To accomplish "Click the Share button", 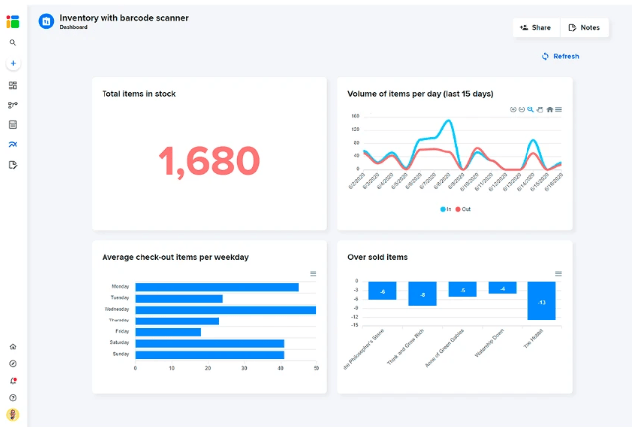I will click(535, 28).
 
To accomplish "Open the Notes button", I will click(584, 28).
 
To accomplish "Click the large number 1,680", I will click(209, 160).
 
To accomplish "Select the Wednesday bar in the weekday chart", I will click(225, 309).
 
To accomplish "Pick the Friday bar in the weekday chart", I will click(168, 331).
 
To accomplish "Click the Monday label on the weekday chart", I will click(120, 287).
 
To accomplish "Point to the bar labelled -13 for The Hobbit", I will click(541, 301).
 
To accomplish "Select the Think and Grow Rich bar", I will click(422, 294).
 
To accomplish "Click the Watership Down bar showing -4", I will click(502, 288).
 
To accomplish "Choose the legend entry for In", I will click(445, 209).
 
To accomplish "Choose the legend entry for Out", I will click(463, 209).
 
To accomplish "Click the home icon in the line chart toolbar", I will click(549, 109).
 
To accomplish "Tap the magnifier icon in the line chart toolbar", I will click(531, 109).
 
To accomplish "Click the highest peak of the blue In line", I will click(450, 121).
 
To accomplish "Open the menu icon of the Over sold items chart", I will click(558, 273).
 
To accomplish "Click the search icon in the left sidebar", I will click(13, 43).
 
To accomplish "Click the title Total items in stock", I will click(139, 94).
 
